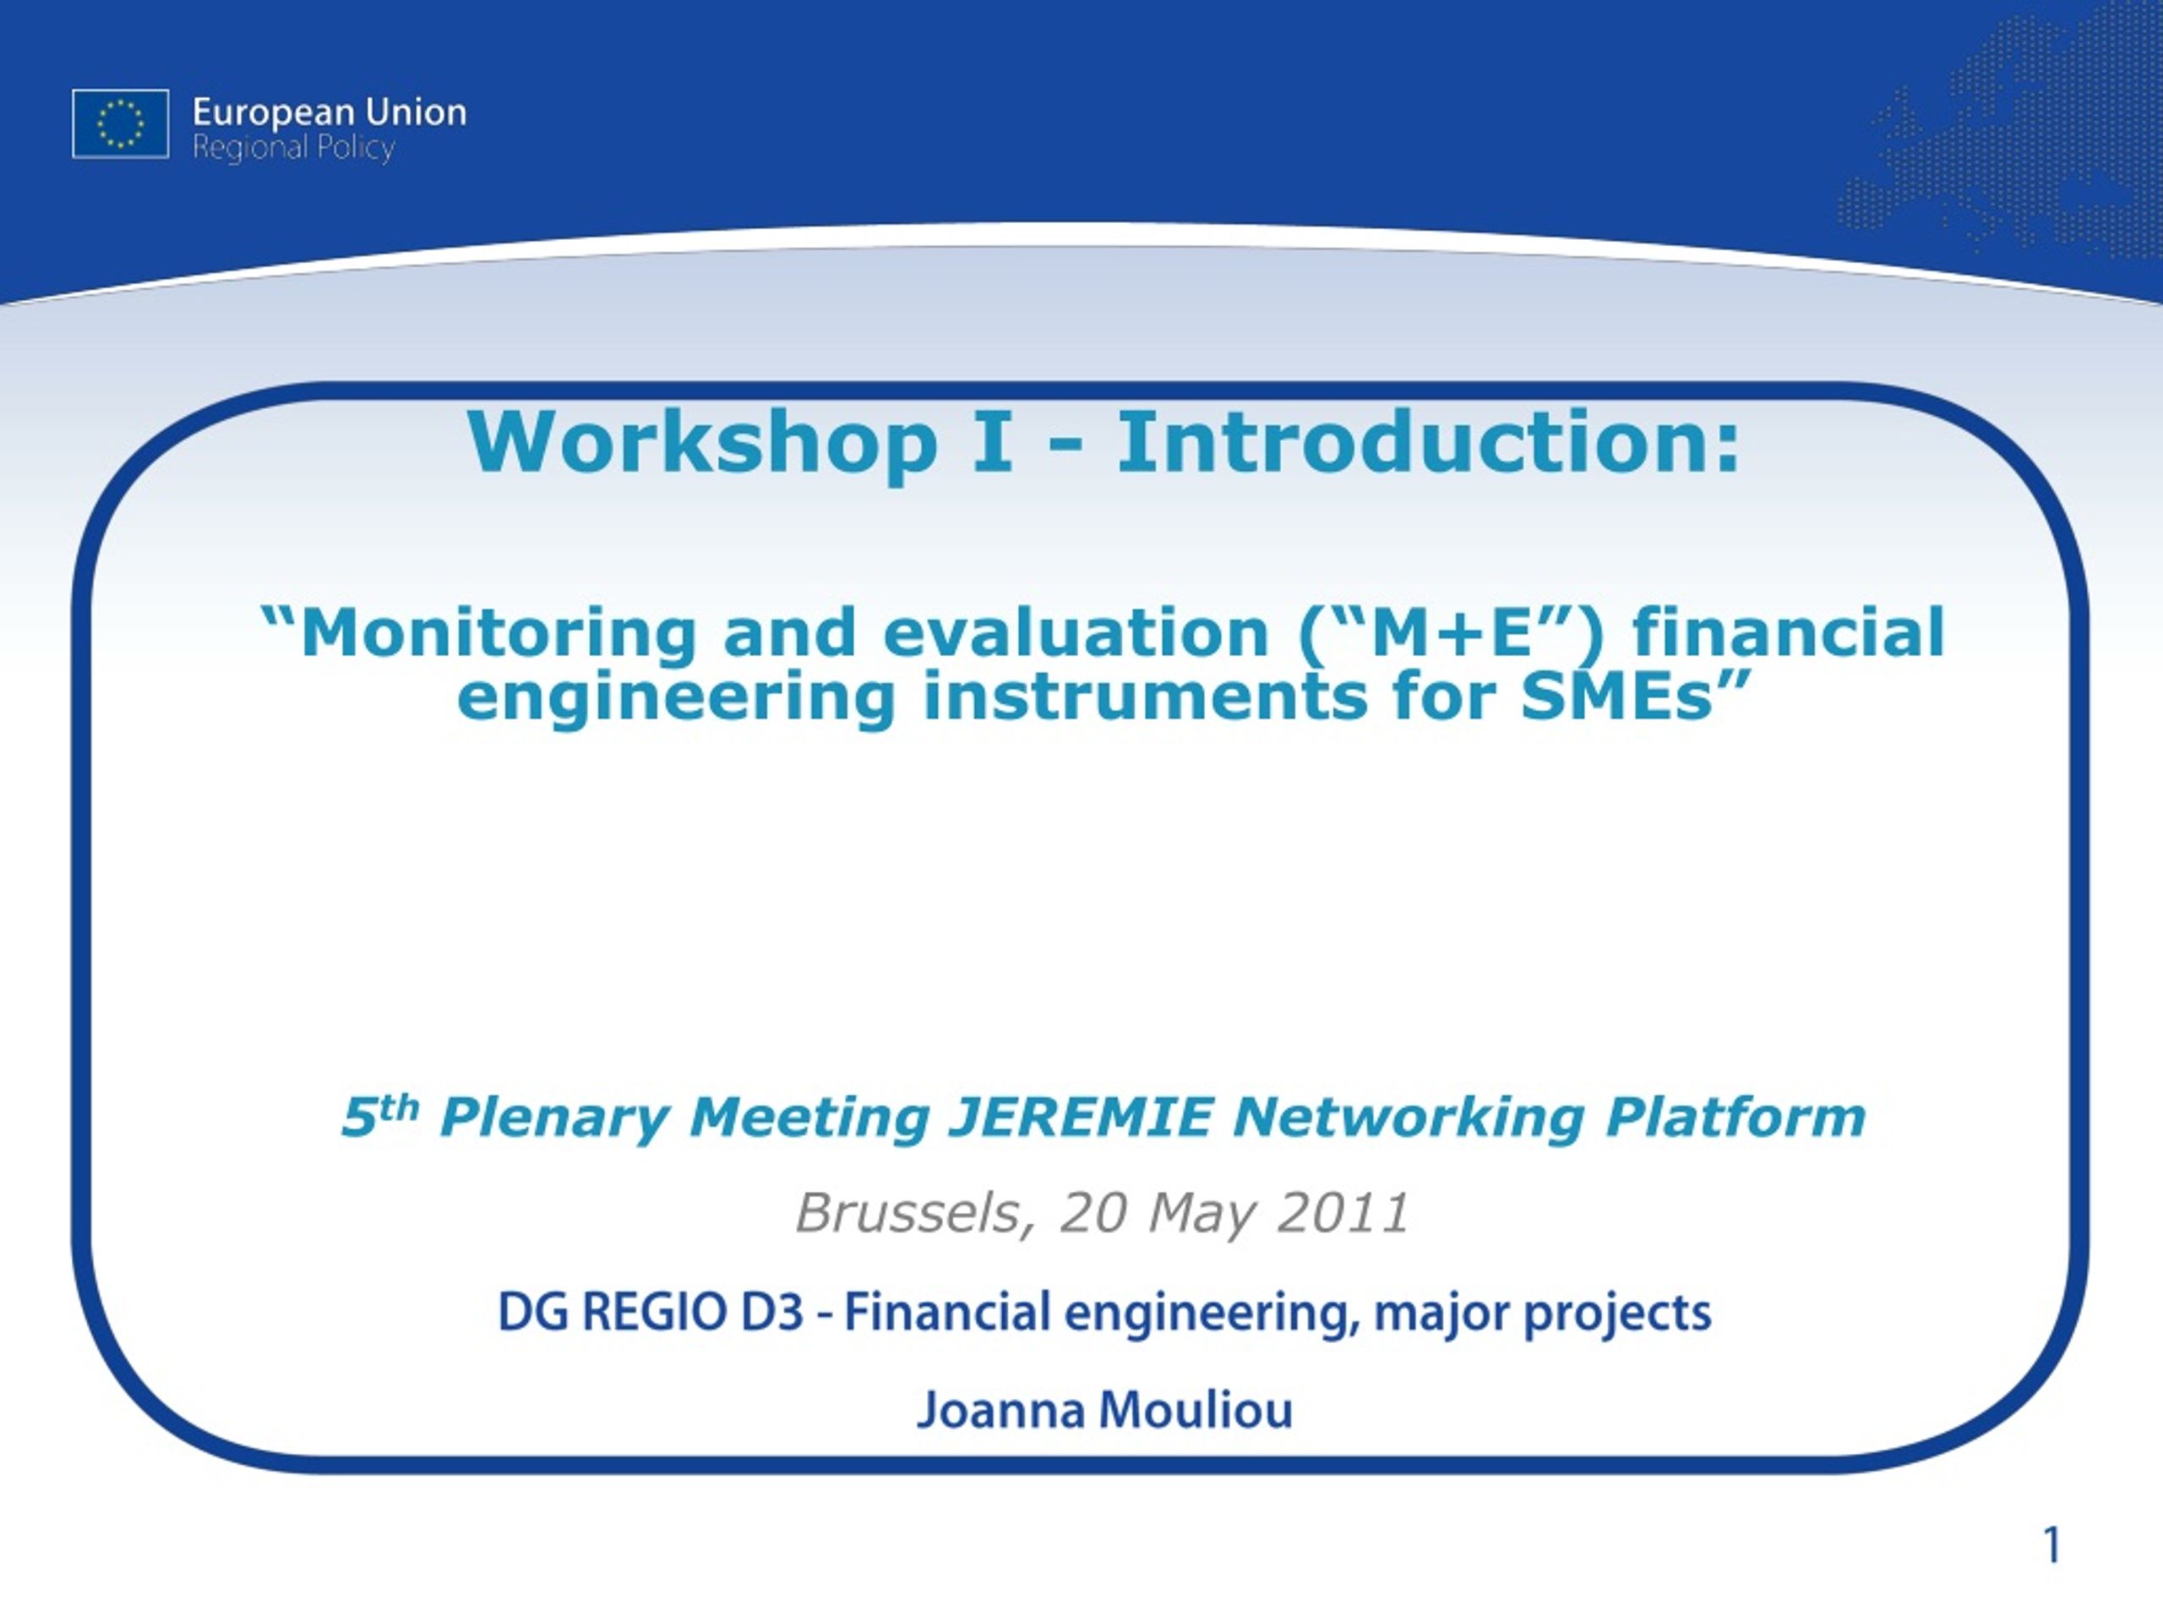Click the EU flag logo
click(x=120, y=123)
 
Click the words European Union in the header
click(x=330, y=113)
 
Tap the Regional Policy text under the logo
click(x=293, y=149)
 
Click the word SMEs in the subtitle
click(x=1618, y=697)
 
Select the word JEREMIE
click(x=1081, y=1118)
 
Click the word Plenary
click(x=554, y=1119)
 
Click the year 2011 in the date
click(x=1343, y=1213)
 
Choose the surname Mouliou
click(x=1195, y=1411)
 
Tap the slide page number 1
click(x=2051, y=1546)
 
